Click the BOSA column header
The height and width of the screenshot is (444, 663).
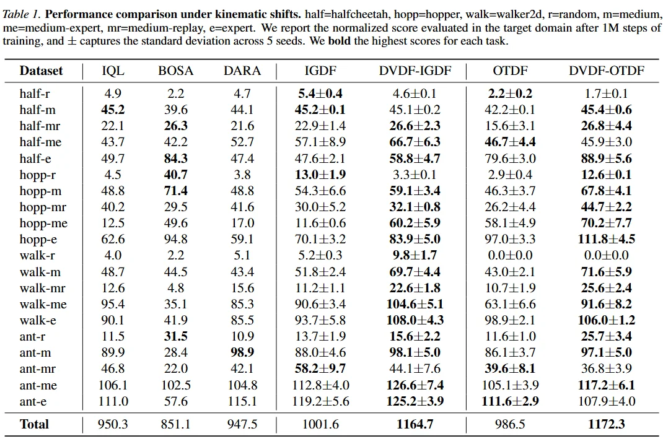point(176,71)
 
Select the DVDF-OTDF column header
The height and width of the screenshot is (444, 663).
point(606,71)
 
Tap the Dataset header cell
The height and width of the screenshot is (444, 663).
point(41,71)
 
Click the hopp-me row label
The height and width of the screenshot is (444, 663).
point(43,223)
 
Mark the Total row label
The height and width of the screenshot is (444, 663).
point(34,424)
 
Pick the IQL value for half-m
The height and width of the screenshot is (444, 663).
point(112,110)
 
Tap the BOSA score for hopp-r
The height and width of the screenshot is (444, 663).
point(175,175)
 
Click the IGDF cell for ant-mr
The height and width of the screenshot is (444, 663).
point(320,369)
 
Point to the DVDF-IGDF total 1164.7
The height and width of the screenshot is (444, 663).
point(415,424)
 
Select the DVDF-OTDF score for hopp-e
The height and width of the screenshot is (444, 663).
point(607,239)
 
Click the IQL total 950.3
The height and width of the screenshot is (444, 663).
point(113,424)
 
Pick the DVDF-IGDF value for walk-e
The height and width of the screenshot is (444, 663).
point(415,320)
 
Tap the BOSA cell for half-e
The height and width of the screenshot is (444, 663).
point(175,159)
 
